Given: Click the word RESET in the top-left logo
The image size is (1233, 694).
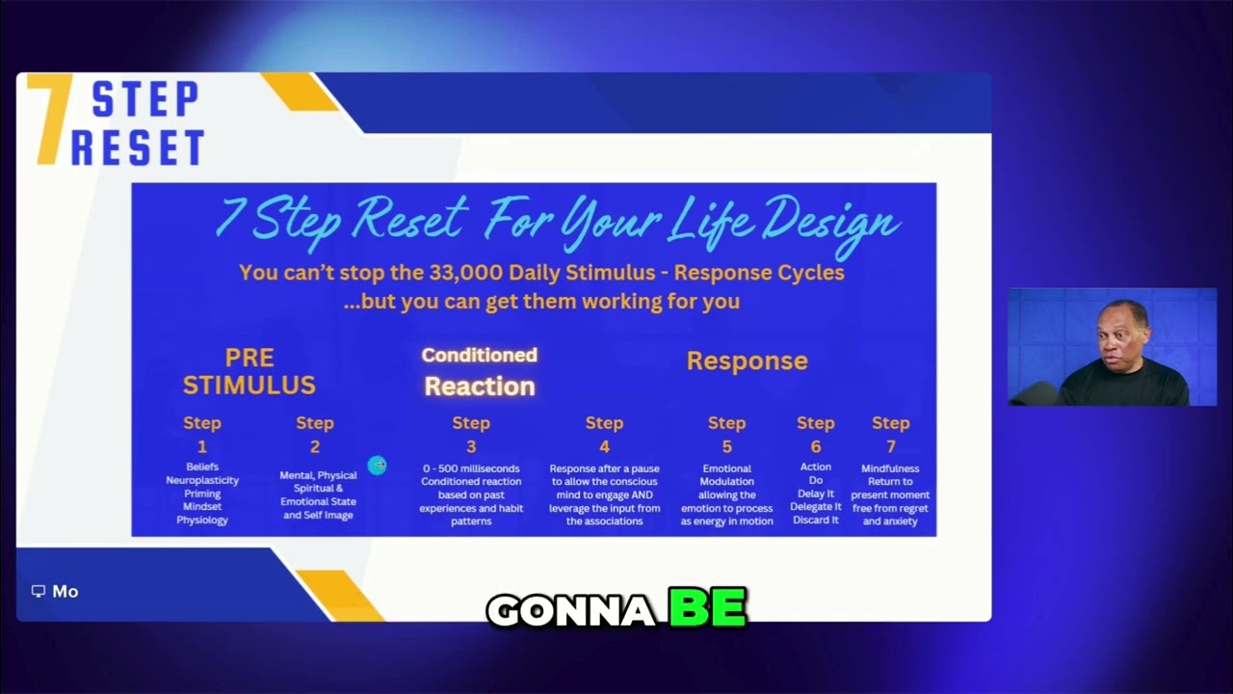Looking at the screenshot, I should coord(138,148).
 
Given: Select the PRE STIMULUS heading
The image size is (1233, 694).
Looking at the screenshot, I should coord(249,371).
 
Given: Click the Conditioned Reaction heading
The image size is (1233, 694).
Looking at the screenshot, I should coord(479,371).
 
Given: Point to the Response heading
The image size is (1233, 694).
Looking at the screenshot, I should coord(747,360).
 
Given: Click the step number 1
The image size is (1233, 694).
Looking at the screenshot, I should coord(201,446).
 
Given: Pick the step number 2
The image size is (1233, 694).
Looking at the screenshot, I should coord(314,446).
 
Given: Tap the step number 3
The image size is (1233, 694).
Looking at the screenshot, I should coord(471,446).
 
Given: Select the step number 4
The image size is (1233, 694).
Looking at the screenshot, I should coord(604,446).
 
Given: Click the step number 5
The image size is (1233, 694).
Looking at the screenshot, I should coord(726,446).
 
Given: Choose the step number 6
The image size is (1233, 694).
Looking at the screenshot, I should coord(815,446).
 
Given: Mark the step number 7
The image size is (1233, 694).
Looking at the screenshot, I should coord(890,446).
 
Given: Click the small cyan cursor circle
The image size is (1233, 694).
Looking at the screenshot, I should coord(377,466).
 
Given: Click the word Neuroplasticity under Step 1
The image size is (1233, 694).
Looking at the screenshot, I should coord(202,480).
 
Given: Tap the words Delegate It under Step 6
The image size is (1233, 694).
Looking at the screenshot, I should coord(815,507).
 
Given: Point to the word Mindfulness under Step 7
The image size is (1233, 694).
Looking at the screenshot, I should coord(890,468).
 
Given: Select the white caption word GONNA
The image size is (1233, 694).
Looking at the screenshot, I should coord(571,610).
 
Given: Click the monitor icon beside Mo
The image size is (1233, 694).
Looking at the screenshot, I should coord(39,591).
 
